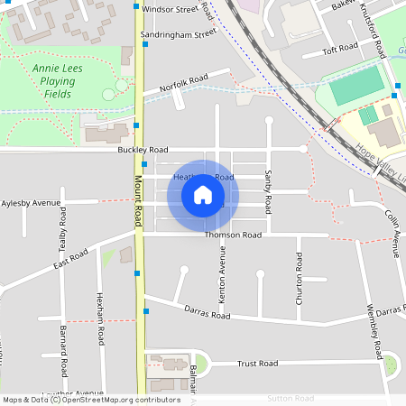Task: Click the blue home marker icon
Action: click(203, 195)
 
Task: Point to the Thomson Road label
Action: click(232, 235)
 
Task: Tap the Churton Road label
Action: click(300, 283)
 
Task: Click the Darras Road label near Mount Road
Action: click(208, 315)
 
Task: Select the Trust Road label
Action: click(257, 364)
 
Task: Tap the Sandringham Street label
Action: click(179, 34)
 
